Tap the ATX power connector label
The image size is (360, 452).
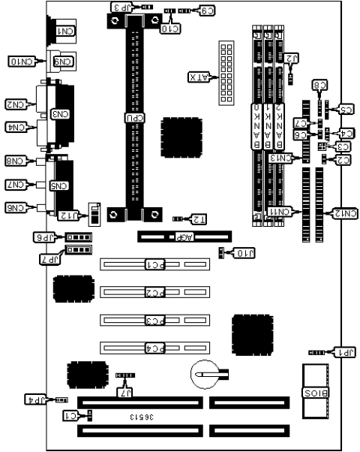coord(199,77)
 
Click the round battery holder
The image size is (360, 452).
coord(203,372)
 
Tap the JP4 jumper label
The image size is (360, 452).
coord(35,399)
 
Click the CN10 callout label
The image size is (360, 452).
coord(21,59)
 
